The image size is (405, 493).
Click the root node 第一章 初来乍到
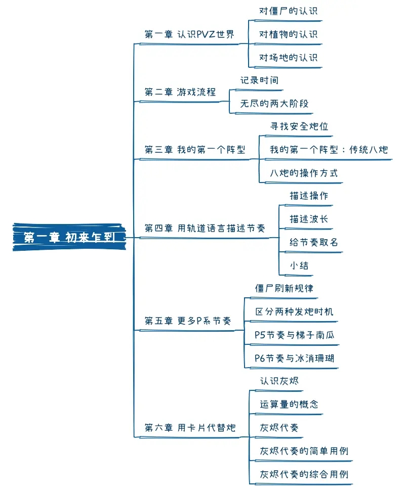69,237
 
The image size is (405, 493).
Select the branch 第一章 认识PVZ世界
189,34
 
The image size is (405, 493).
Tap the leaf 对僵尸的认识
288,11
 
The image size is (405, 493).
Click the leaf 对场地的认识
288,58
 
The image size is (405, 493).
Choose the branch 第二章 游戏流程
180,92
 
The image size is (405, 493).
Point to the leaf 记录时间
259,80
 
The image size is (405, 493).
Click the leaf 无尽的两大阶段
274,104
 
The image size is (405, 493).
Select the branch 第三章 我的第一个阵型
194,150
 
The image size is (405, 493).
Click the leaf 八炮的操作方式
303,173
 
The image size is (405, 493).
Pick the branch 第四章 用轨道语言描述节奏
205,229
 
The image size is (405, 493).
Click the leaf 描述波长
309,219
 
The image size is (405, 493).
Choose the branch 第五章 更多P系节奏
187,321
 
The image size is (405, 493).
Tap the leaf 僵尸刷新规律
284,288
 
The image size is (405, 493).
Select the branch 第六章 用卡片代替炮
190,428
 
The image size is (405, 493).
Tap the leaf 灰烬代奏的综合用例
304,474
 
